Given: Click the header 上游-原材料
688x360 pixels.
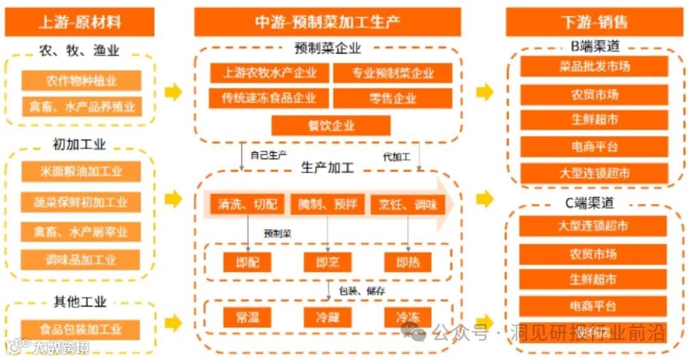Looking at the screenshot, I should click(x=80, y=22).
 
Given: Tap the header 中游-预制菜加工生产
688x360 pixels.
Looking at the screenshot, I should click(x=327, y=22).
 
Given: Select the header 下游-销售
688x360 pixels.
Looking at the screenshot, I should click(x=594, y=22).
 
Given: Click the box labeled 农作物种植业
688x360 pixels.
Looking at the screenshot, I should click(x=81, y=81).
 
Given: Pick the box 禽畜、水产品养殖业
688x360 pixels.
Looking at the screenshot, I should click(x=81, y=106).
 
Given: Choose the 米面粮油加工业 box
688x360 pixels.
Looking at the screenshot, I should click(x=81, y=171).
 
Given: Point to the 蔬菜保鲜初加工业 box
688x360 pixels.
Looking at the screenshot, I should click(x=81, y=202).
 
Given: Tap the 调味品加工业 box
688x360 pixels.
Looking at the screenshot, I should click(x=81, y=259).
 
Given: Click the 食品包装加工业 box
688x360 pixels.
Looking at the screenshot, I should click(x=81, y=329).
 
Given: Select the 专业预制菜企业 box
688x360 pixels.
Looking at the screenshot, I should click(x=392, y=73).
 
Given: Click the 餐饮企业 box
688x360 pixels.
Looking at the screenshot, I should click(x=331, y=126).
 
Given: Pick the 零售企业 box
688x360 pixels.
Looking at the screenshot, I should click(x=392, y=99).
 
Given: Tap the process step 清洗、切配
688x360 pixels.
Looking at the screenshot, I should click(x=248, y=205).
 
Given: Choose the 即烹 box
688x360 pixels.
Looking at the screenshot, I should click(x=327, y=262).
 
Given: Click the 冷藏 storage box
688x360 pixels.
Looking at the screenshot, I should click(x=327, y=317).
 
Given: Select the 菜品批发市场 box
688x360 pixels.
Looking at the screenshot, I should click(x=594, y=66).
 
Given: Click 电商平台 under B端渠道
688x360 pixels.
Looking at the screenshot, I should click(x=594, y=147).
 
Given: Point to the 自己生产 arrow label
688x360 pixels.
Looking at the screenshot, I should click(x=268, y=155).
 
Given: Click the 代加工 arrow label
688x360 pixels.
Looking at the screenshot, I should click(x=396, y=156).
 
